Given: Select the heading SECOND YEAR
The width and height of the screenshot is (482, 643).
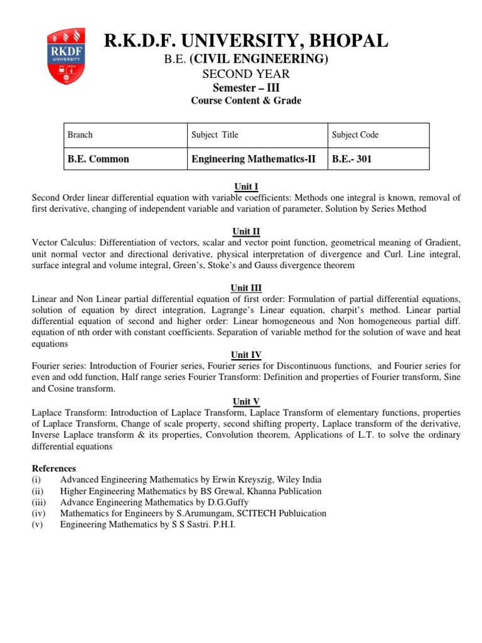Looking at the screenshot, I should pyautogui.click(x=245, y=74).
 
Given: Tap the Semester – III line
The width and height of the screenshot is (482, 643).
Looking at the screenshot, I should pyautogui.click(x=245, y=87).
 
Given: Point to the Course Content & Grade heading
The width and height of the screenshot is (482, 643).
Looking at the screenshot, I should pyautogui.click(x=245, y=100).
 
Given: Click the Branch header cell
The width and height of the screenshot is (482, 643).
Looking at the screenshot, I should pyautogui.click(x=80, y=134).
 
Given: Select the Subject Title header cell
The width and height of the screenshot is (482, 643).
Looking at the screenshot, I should pyautogui.click(x=215, y=134).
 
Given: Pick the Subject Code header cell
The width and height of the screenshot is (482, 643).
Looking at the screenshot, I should pyautogui.click(x=355, y=134).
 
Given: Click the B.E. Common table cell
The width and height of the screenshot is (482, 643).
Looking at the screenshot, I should pyautogui.click(x=99, y=159).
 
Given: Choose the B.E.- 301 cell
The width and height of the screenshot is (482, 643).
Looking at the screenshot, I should pyautogui.click(x=352, y=159).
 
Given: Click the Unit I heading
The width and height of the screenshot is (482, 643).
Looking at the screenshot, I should pyautogui.click(x=246, y=186).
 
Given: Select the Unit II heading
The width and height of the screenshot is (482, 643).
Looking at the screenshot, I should pyautogui.click(x=246, y=231).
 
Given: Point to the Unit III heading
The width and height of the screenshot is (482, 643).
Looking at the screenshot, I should pyautogui.click(x=246, y=288).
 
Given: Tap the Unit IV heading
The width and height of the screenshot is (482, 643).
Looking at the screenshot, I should pyautogui.click(x=246, y=355).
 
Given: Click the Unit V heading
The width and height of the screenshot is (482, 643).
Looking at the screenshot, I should pyautogui.click(x=246, y=401).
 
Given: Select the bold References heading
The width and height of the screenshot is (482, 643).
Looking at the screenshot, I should pyautogui.click(x=54, y=468).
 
